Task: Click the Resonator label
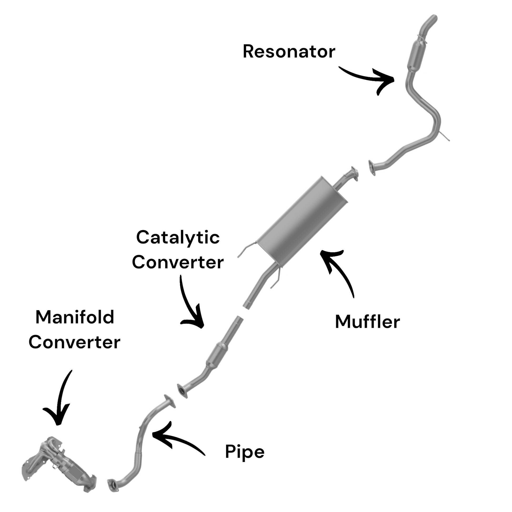coord(289,51)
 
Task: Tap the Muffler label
coord(367,322)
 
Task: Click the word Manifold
coord(75,317)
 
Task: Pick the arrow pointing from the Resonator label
coord(371,78)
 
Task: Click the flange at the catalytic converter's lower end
coord(182,391)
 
